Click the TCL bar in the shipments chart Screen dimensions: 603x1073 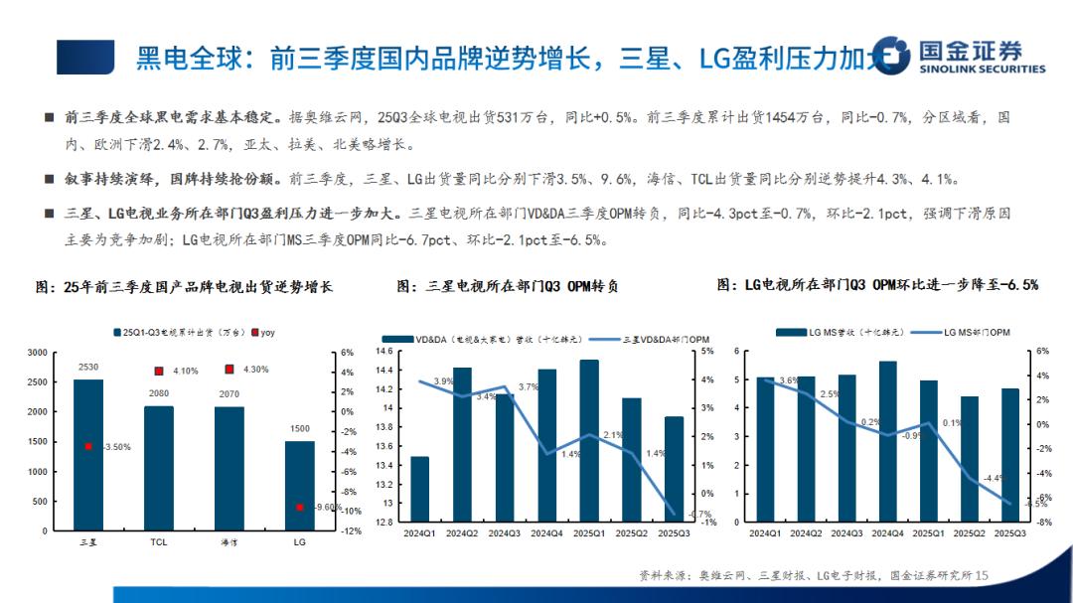(x=159, y=467)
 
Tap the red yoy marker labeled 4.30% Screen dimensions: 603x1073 (x=230, y=370)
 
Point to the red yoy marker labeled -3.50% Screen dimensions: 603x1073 (x=88, y=447)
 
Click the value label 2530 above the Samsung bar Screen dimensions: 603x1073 (x=88, y=368)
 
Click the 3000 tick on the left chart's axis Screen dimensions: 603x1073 (x=37, y=353)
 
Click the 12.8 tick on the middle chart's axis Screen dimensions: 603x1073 (x=384, y=522)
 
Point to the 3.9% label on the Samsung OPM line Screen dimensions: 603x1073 (x=443, y=381)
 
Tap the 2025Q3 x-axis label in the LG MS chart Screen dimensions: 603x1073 (x=1010, y=533)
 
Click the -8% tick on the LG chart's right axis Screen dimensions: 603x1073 (x=1043, y=522)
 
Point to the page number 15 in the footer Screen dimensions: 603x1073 (x=983, y=575)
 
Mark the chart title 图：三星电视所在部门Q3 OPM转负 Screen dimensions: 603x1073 (x=508, y=286)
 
